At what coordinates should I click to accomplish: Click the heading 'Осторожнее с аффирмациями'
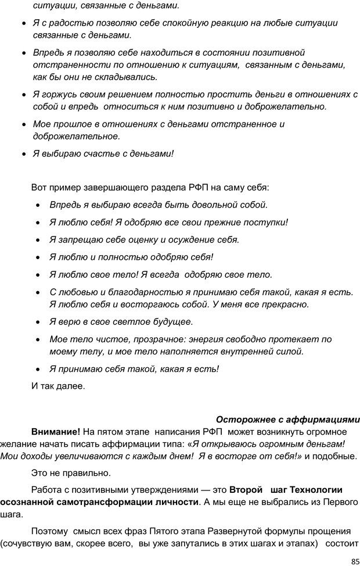coord(287,420)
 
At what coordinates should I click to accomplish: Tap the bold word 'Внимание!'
coord(56,432)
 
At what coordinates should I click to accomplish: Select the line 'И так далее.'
coord(57,385)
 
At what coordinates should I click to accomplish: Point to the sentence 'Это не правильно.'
coord(71,472)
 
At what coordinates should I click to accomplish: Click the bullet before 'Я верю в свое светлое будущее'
coord(38,322)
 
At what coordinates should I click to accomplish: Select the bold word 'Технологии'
coord(319,489)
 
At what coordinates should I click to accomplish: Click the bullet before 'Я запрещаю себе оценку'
coord(38,240)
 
